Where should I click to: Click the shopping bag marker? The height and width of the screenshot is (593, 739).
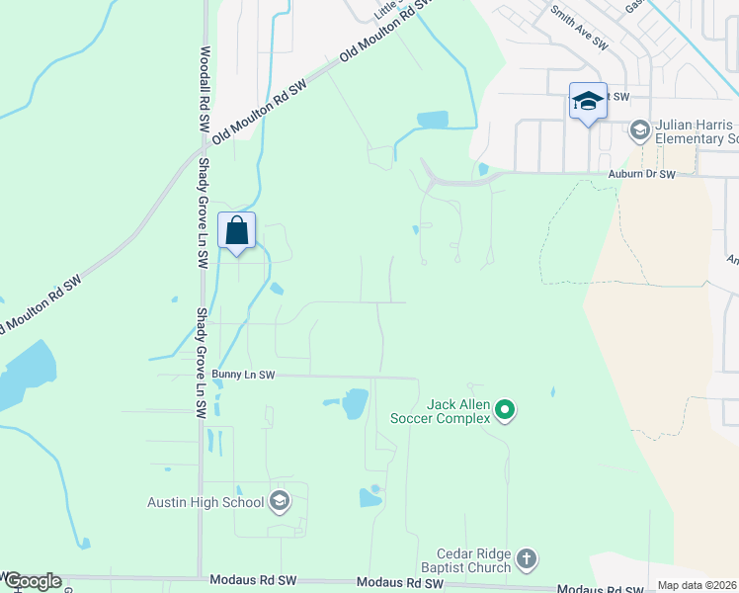237,230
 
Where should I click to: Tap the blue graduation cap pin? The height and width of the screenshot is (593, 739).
587,101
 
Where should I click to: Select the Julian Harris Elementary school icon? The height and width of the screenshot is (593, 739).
639,129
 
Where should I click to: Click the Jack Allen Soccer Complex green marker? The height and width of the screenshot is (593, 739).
505,408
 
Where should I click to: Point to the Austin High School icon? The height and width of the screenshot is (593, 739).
280,501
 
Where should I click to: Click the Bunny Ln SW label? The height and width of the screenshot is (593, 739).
242,375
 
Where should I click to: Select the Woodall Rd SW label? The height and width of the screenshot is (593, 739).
205,90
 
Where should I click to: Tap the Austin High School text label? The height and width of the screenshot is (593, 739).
205,502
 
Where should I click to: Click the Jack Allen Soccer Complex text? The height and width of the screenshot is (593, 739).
457,411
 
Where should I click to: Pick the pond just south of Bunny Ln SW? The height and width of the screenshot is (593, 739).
354,403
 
